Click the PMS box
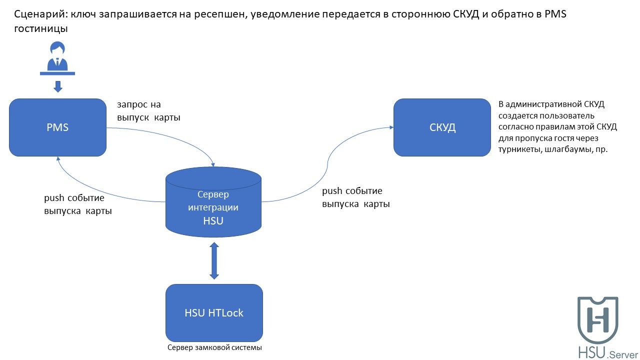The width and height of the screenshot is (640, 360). pos(57,127)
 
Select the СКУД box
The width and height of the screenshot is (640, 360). pos(442,127)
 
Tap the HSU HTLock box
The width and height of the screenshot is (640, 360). pos(214,313)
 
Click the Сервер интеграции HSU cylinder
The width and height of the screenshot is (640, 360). pos(213,202)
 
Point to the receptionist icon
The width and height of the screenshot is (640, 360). pos(57,58)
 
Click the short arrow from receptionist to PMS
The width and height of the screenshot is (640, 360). pos(58,86)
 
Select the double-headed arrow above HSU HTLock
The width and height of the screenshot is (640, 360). pos(214,261)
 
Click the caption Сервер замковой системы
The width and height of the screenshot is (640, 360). pos(214,347)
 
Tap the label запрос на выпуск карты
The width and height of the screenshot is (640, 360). pos(148,111)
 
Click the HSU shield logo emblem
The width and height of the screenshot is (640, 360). pos(597,320)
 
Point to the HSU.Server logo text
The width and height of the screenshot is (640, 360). pos(608,352)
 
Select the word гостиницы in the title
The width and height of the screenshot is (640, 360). pos(41,29)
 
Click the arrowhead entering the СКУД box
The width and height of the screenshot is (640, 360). pos(391,127)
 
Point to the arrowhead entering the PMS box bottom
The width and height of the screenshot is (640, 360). pos(58,158)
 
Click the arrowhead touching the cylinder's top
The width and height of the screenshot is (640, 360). pos(212,165)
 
